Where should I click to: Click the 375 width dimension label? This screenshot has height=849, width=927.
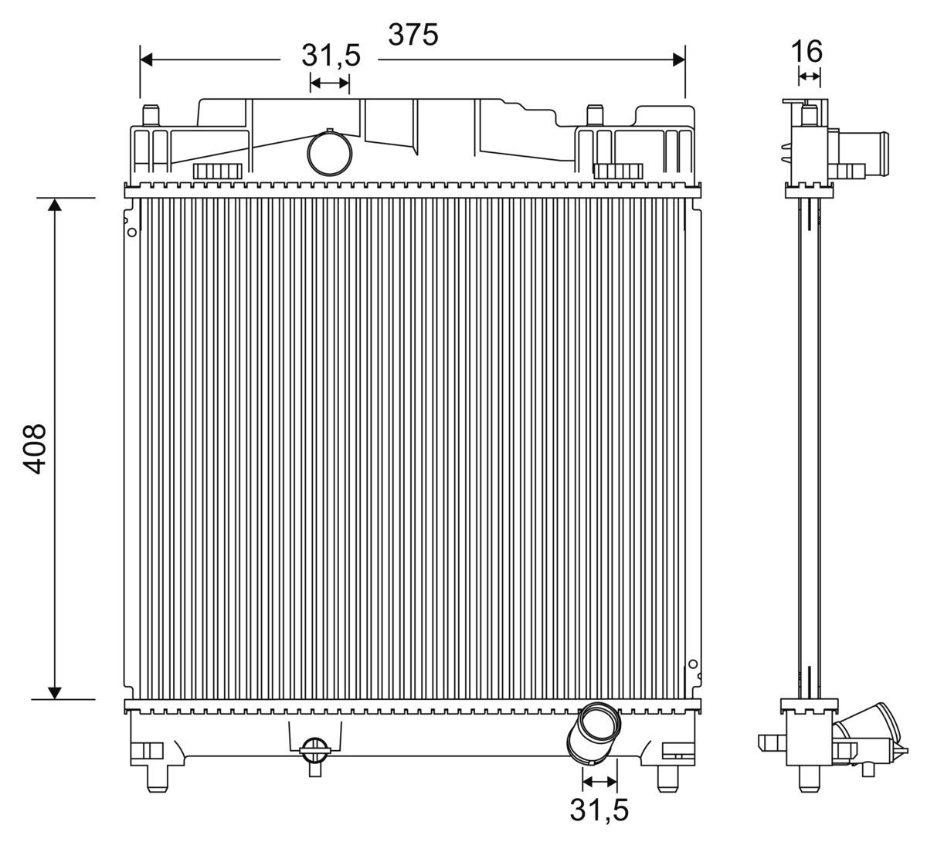tap(413, 35)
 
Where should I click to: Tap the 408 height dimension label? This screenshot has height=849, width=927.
tap(35, 448)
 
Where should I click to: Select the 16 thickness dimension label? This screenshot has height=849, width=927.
tap(806, 51)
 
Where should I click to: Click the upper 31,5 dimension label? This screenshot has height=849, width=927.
tap(331, 55)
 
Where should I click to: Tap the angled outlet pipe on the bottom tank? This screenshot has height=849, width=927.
tap(593, 733)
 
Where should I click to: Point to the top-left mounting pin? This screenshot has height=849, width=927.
tap(151, 115)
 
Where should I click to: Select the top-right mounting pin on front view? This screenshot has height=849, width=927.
tap(595, 115)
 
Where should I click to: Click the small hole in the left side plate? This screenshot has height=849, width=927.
tap(132, 233)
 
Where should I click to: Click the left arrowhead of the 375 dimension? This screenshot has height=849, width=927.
tap(146, 59)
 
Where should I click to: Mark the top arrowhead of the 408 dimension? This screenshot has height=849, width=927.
tap(55, 204)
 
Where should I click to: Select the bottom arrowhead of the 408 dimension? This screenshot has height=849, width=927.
tap(55, 693)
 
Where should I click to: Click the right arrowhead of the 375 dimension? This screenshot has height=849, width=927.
tap(679, 59)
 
